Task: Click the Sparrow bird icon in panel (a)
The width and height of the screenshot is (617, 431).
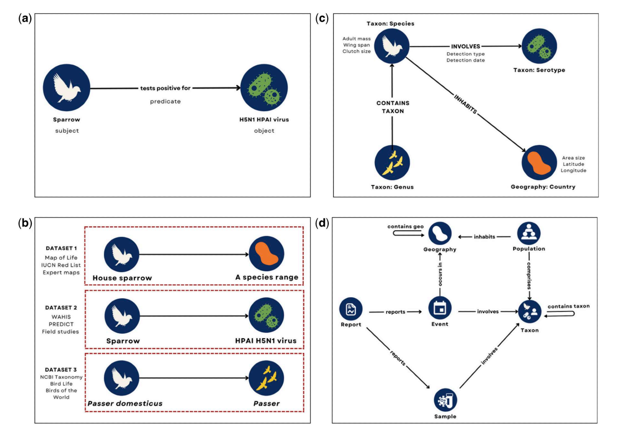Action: (66, 88)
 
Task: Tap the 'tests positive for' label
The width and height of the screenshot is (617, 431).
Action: (165, 88)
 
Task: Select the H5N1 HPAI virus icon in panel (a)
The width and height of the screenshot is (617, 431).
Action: (264, 88)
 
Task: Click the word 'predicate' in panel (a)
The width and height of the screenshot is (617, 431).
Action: (165, 101)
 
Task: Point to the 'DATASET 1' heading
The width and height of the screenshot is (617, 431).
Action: (61, 248)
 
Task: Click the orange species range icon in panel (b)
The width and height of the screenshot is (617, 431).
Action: (266, 254)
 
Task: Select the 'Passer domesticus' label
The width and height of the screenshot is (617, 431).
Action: (125, 404)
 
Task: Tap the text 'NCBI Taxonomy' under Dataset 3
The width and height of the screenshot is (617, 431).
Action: (61, 377)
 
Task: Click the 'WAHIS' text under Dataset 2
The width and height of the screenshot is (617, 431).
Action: (61, 317)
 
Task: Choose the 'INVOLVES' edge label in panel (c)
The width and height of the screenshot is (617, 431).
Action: (466, 47)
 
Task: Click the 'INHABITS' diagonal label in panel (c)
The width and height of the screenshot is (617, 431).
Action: (466, 104)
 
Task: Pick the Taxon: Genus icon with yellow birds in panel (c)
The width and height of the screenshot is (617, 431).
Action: (392, 162)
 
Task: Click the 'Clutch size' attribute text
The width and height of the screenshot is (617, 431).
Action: (356, 51)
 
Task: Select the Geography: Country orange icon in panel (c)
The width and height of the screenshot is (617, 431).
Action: (539, 162)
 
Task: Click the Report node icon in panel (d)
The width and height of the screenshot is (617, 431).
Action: (351, 309)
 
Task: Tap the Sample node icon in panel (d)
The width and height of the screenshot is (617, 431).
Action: (445, 400)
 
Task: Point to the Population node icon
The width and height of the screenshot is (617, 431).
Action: (529, 233)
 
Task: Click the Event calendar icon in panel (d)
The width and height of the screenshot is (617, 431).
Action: (440, 308)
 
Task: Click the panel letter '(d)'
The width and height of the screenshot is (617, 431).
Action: (322, 223)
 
